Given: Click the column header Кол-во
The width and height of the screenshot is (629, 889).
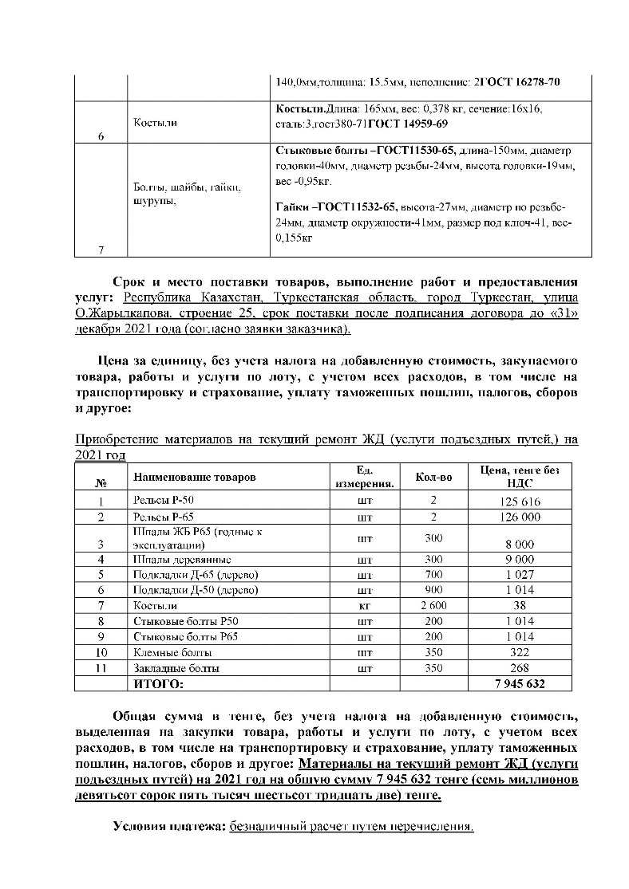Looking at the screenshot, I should pyautogui.click(x=434, y=477).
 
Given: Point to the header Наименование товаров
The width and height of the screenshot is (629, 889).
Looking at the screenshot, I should pyautogui.click(x=195, y=477).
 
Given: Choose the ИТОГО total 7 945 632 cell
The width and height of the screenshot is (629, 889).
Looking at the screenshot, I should pyautogui.click(x=520, y=684).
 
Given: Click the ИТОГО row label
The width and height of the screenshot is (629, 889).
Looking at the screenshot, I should pyautogui.click(x=158, y=684).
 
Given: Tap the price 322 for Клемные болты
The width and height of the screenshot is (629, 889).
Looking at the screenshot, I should pyautogui.click(x=520, y=652).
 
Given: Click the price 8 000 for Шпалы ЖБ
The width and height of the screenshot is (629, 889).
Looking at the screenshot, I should pyautogui.click(x=520, y=545).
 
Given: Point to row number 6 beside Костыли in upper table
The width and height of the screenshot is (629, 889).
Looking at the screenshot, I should pyautogui.click(x=101, y=136).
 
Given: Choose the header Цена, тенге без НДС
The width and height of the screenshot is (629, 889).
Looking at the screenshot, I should pyautogui.click(x=520, y=477).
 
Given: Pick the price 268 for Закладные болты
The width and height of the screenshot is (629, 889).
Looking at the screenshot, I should pyautogui.click(x=520, y=668).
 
